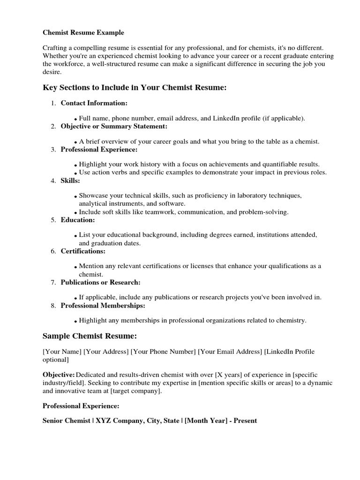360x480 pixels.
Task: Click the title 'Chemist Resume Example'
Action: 83,33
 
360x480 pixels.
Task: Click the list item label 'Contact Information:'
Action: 94,103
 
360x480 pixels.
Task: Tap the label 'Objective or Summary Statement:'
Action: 114,126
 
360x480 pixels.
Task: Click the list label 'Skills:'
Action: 70,180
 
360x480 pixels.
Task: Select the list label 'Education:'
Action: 78,220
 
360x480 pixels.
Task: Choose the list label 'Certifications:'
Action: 83,251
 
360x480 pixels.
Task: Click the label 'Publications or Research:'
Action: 100,282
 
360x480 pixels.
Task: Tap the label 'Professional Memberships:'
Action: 103,306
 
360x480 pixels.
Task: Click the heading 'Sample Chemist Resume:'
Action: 90,336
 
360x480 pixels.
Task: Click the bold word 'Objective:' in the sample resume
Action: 59,375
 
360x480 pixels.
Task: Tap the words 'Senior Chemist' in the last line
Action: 67,420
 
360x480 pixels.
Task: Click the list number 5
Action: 53,220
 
